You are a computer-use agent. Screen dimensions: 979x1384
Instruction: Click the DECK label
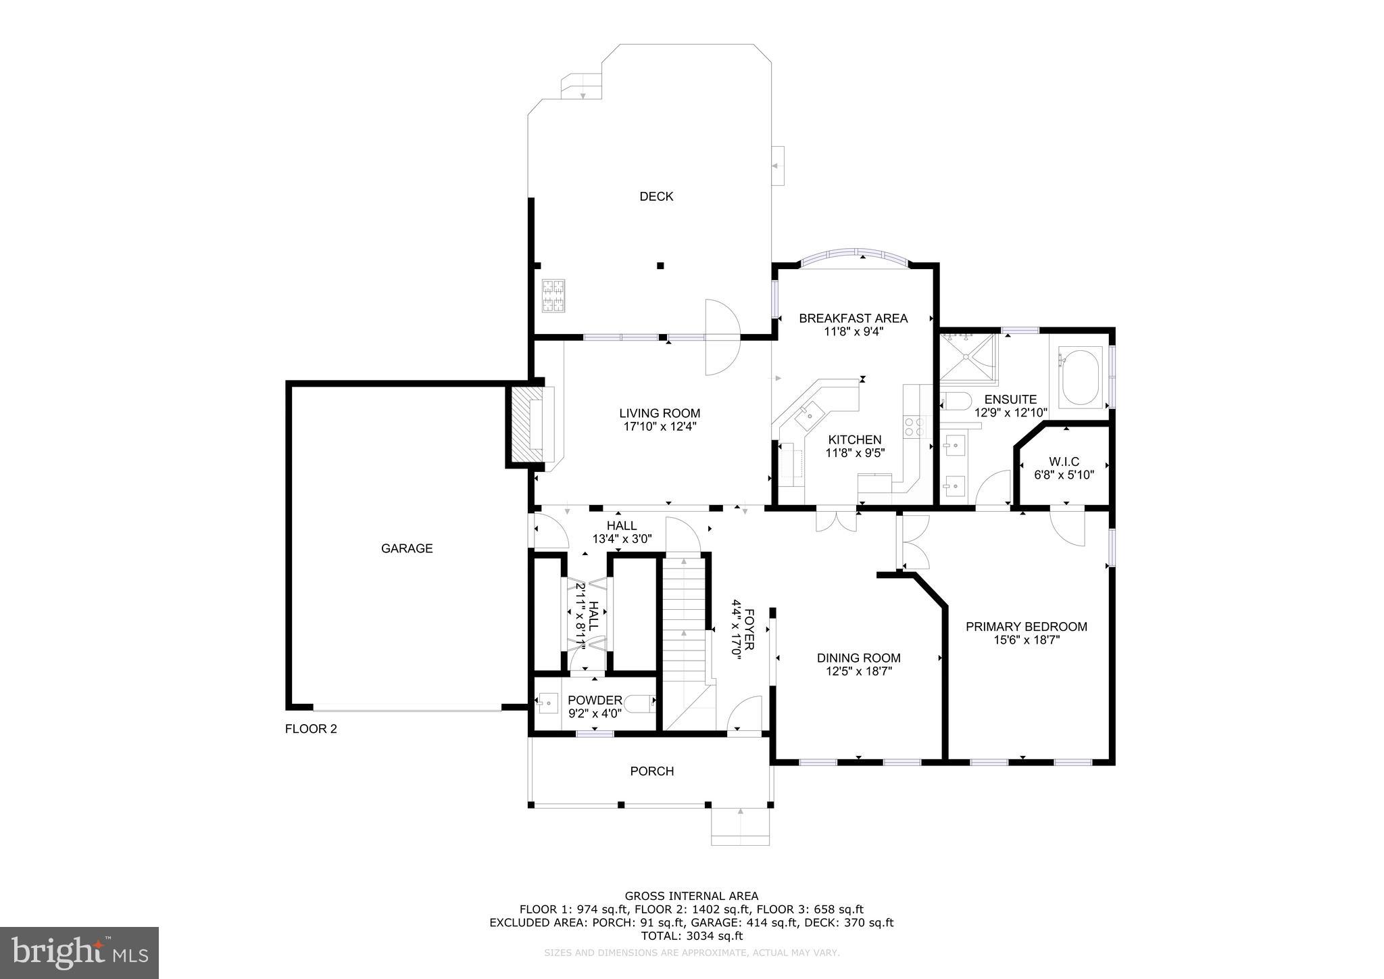click(656, 197)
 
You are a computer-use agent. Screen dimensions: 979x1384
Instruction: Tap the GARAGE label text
click(407, 548)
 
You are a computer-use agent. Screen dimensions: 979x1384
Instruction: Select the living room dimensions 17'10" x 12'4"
click(660, 427)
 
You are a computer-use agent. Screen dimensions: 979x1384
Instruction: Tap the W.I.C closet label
click(1064, 462)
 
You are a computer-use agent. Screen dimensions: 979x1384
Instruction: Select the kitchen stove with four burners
click(914, 427)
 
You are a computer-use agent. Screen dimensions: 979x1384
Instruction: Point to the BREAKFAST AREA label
click(853, 318)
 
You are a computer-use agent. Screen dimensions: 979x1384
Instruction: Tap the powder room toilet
click(639, 705)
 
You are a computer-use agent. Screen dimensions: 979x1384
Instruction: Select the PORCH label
click(651, 771)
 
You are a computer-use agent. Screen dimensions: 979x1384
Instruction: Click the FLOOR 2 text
click(311, 729)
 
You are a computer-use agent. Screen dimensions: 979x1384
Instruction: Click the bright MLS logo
click(79, 953)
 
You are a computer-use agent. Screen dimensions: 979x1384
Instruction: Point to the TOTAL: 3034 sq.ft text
click(691, 936)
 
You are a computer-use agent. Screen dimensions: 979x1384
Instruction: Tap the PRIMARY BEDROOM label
click(1026, 627)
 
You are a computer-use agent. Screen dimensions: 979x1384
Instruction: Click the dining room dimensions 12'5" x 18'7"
click(858, 671)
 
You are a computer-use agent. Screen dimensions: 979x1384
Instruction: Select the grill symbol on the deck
click(553, 296)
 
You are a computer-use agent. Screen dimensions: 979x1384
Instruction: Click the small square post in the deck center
click(661, 266)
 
